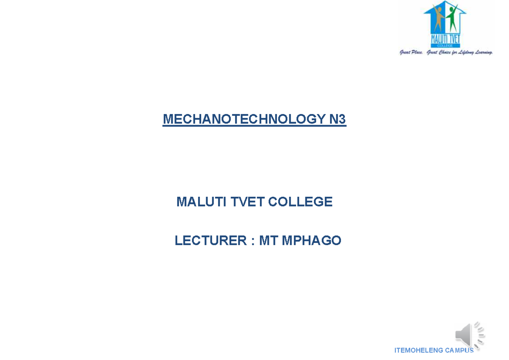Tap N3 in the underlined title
(338, 120)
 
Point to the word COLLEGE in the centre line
(300, 202)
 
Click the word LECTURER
(211, 241)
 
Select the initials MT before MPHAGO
(268, 241)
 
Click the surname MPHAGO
(311, 241)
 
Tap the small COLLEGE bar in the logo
(445, 45)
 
